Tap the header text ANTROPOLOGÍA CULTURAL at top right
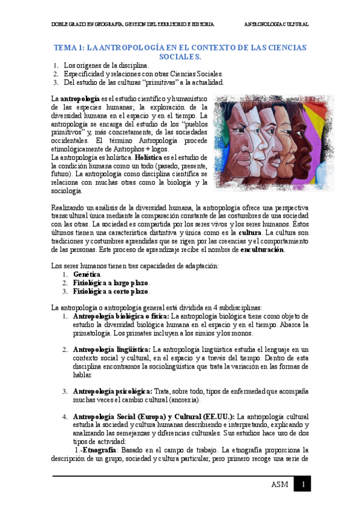(276, 25)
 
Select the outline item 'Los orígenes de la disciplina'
(106, 65)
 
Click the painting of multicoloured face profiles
(261, 143)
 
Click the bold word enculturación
(262, 250)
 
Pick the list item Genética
(87, 274)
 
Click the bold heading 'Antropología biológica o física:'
(121, 316)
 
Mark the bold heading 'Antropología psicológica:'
(112, 391)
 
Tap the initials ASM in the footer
(279, 485)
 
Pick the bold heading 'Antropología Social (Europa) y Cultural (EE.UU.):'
(154, 416)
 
